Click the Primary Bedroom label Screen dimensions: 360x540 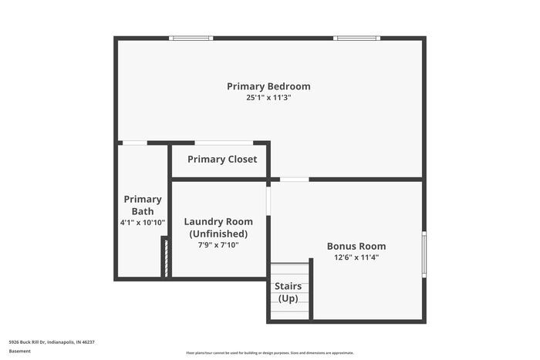click(x=268, y=86)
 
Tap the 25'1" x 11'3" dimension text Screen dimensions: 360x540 click(x=268, y=98)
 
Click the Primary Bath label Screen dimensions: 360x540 click(x=143, y=205)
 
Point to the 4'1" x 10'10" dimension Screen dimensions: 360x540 click(x=143, y=222)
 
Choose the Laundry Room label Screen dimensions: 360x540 click(x=218, y=222)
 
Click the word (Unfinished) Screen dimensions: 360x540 click(x=218, y=234)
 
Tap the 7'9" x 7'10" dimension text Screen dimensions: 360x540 click(x=218, y=245)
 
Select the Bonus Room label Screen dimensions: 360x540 click(x=356, y=247)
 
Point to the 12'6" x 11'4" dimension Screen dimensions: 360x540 click(x=356, y=257)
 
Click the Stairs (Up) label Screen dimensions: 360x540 click(x=289, y=293)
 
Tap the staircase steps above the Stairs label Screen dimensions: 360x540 click(x=289, y=272)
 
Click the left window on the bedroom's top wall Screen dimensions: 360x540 click(x=191, y=38)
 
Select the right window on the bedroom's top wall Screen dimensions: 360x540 click(x=356, y=38)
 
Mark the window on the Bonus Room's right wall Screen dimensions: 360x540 click(x=424, y=254)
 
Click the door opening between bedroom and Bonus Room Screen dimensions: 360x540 click(x=294, y=180)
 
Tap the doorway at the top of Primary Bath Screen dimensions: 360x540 click(x=135, y=143)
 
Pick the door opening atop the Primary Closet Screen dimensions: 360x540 click(x=223, y=143)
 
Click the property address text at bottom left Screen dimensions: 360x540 click(x=52, y=341)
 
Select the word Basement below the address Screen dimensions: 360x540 click(x=20, y=351)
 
